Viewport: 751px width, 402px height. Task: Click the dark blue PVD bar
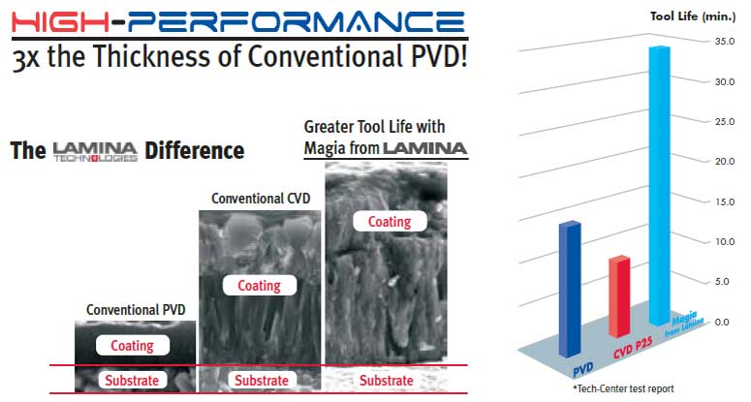pos(570,290)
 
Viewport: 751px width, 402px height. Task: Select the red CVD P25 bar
pos(619,296)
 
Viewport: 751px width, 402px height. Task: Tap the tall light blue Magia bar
pos(659,187)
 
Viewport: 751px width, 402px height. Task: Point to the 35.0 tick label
pos(725,42)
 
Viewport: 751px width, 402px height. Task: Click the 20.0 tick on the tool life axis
pos(725,162)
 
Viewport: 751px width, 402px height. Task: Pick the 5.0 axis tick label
pos(725,281)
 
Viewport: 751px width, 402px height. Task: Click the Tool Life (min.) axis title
pos(693,16)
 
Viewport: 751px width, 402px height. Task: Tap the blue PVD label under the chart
pos(583,369)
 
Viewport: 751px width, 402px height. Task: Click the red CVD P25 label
pos(634,348)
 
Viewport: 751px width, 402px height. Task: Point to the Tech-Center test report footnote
pos(623,388)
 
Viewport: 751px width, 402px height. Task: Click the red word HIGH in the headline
pos(60,21)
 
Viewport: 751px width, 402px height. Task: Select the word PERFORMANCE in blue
pos(297,21)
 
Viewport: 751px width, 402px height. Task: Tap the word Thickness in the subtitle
pos(152,55)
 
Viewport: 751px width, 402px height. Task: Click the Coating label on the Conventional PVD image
pos(132,346)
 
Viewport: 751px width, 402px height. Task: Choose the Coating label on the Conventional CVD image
pos(259,286)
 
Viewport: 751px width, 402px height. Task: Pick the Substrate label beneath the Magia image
pos(386,381)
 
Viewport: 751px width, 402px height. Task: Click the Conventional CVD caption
pos(261,199)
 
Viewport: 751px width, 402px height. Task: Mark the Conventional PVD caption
pos(136,310)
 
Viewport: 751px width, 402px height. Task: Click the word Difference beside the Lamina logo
pos(195,150)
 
